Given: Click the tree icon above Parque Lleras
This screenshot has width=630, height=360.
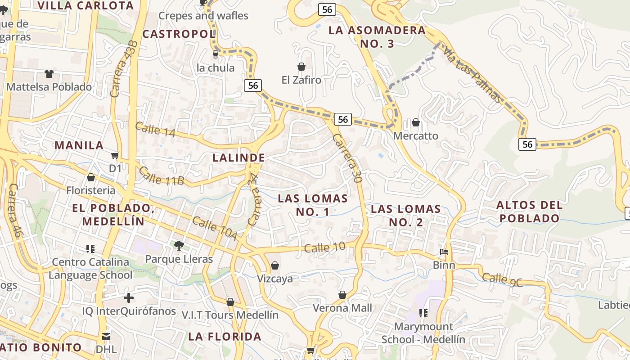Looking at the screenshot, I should point(179,245).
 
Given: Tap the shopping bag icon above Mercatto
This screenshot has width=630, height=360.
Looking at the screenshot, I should point(416,122).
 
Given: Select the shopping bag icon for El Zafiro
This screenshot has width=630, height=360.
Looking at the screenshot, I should point(301,67).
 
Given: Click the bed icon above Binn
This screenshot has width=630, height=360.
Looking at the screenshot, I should point(444,252).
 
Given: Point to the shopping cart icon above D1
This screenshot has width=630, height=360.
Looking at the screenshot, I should point(115,155).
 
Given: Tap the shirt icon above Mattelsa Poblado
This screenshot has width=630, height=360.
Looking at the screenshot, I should point(49,73).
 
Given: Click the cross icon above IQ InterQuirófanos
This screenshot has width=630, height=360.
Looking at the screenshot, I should point(129,298).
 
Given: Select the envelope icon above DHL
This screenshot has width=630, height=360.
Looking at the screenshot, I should point(106,336).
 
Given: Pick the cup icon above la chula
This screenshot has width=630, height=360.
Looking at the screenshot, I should point(216,54).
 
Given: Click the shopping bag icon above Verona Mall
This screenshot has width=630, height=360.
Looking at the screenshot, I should point(342,295).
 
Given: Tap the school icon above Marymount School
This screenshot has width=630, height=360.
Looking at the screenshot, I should point(423,313).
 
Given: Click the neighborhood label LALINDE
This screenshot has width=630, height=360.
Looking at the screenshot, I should point(238,158).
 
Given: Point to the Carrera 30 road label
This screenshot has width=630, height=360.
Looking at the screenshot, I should point(347,157).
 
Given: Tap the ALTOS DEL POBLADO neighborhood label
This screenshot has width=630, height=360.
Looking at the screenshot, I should point(529,212).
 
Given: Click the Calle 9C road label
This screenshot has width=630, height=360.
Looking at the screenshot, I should point(502,279).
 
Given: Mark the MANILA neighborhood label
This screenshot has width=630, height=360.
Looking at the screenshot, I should point(79,145).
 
